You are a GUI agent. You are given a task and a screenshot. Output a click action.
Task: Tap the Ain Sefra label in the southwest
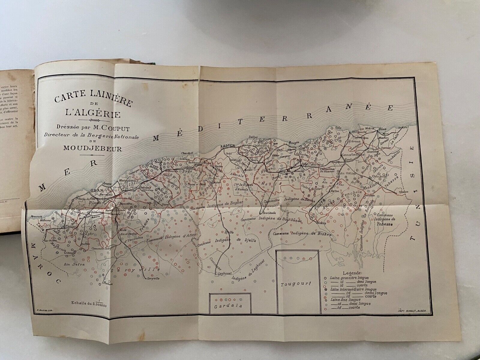pyautogui.click(x=74, y=264)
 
